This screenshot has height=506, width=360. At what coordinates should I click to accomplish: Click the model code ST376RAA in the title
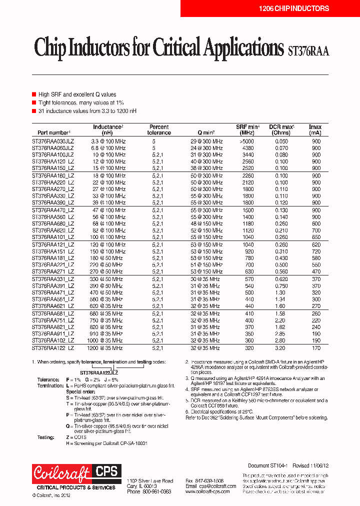(308, 50)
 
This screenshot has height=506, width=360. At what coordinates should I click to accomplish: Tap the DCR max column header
(281, 129)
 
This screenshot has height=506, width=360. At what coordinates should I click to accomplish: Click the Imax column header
(315, 129)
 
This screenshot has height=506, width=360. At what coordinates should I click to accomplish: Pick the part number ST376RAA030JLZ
(53, 141)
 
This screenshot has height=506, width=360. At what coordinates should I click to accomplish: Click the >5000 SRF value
(248, 141)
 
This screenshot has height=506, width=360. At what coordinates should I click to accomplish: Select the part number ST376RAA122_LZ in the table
(53, 347)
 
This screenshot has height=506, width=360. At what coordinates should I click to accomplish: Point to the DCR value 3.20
(281, 347)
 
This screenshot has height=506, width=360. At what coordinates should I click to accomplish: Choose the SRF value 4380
(248, 148)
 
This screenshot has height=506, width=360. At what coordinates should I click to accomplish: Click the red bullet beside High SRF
(34, 94)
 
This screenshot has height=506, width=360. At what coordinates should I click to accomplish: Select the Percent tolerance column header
(159, 129)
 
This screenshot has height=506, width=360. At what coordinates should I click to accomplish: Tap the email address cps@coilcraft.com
(210, 486)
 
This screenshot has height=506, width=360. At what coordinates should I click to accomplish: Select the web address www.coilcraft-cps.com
(207, 492)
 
